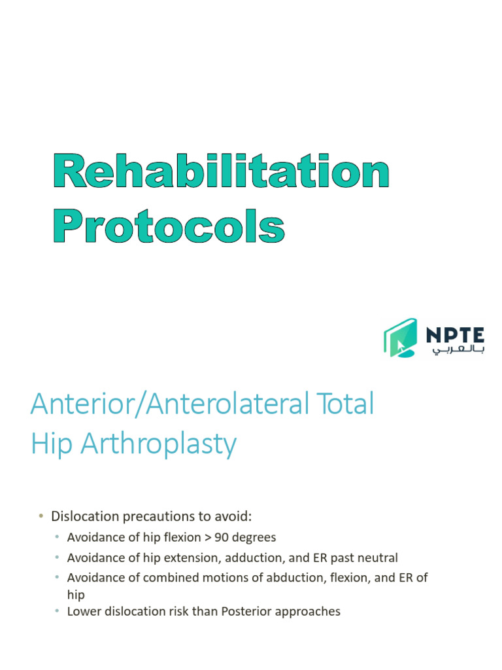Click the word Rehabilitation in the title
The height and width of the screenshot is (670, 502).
click(221, 173)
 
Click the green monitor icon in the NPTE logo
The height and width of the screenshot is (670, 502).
click(400, 338)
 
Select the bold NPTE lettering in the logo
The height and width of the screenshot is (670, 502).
click(455, 334)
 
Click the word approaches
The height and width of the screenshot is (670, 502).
click(310, 612)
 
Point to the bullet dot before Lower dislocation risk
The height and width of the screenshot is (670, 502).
click(58, 611)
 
